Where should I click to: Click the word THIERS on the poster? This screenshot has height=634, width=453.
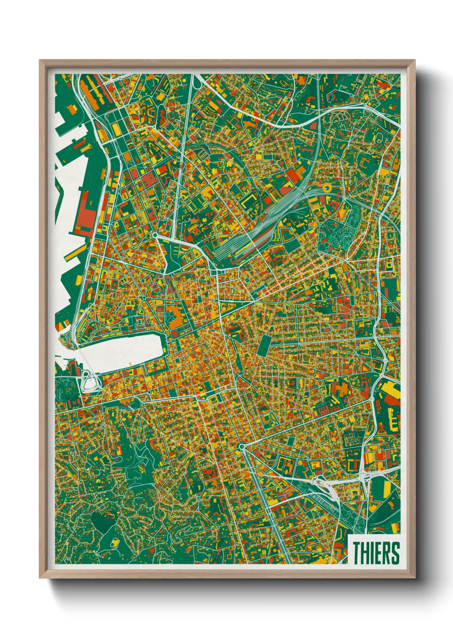coord(376,553)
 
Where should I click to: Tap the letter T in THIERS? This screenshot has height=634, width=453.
coord(357,553)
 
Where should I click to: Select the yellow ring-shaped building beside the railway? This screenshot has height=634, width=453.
coord(326,187)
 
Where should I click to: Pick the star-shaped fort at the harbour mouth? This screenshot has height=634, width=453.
coord(66,341)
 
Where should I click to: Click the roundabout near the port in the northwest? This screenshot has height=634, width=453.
coord(155,235)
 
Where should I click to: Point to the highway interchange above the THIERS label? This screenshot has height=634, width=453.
coord(364,473)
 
